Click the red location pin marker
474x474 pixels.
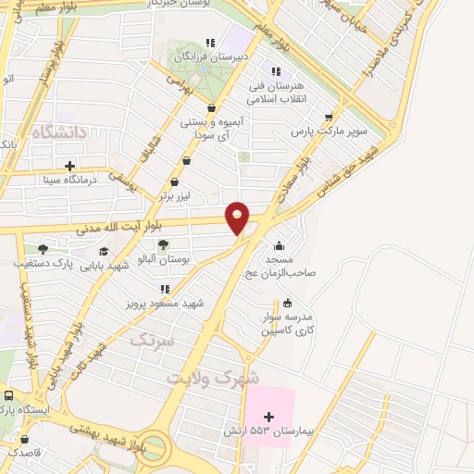238,217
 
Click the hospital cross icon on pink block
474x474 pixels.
269,417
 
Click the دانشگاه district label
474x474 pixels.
57,132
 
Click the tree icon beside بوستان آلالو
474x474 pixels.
164,245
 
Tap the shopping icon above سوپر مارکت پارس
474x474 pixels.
329,118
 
